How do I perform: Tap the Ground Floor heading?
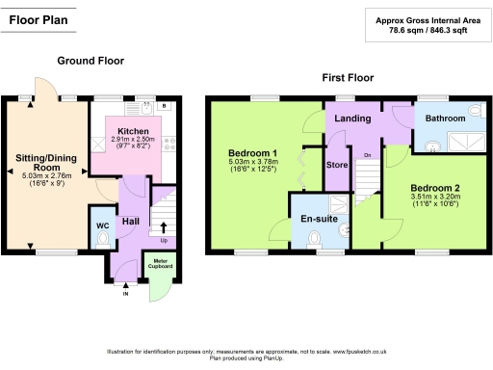pos(90,60)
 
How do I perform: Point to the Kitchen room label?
pos(133,130)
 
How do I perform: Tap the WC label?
pos(103,226)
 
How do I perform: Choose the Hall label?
pos(131,223)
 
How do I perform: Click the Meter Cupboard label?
pos(157,263)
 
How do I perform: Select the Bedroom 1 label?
pos(253,153)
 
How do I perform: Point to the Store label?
pos(336,164)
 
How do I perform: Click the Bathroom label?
pos(446,118)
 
